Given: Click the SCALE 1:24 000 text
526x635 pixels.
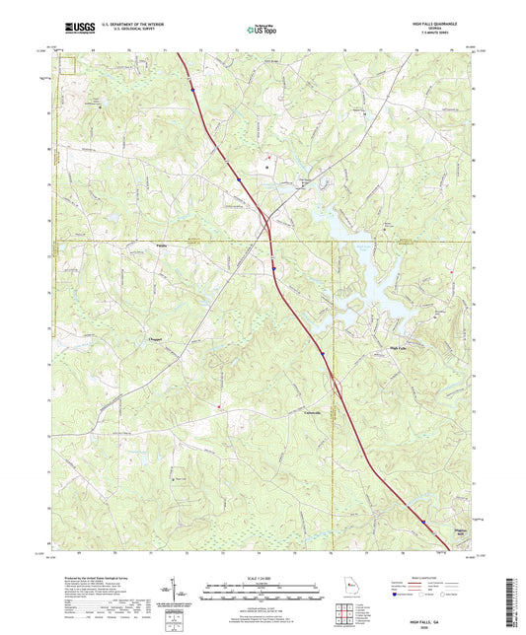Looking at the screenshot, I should point(262,578).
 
